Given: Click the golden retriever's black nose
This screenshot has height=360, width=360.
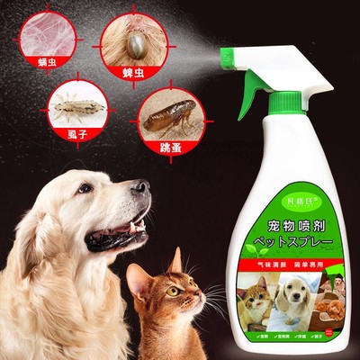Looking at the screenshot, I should pos(141,188).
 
